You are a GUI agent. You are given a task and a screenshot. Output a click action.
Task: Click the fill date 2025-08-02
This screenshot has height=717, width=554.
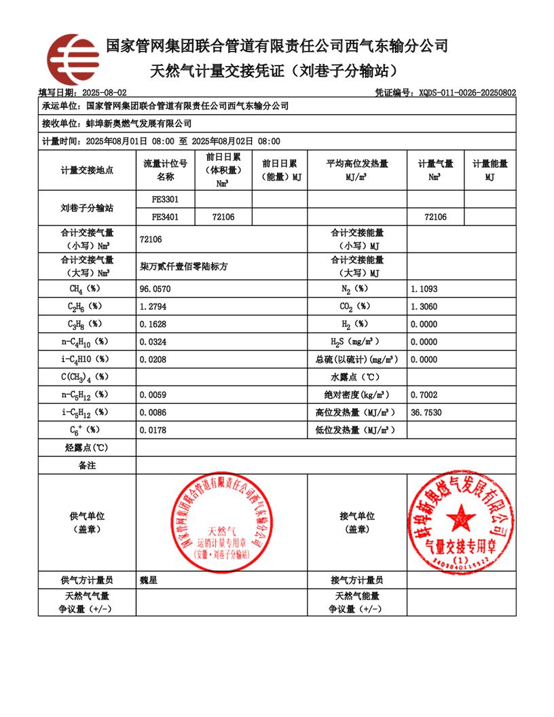tap(104, 92)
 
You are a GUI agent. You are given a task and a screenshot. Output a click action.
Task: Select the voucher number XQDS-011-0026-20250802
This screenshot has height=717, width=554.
tap(468, 92)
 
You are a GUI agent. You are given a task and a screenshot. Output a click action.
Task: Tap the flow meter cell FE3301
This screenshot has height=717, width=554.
tap(165, 200)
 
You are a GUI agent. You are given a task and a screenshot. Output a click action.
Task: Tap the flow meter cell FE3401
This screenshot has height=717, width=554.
tap(165, 217)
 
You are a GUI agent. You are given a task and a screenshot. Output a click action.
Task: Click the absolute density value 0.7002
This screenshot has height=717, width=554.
tap(424, 394)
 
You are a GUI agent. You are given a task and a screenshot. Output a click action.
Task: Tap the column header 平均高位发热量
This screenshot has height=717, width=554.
tap(357, 164)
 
